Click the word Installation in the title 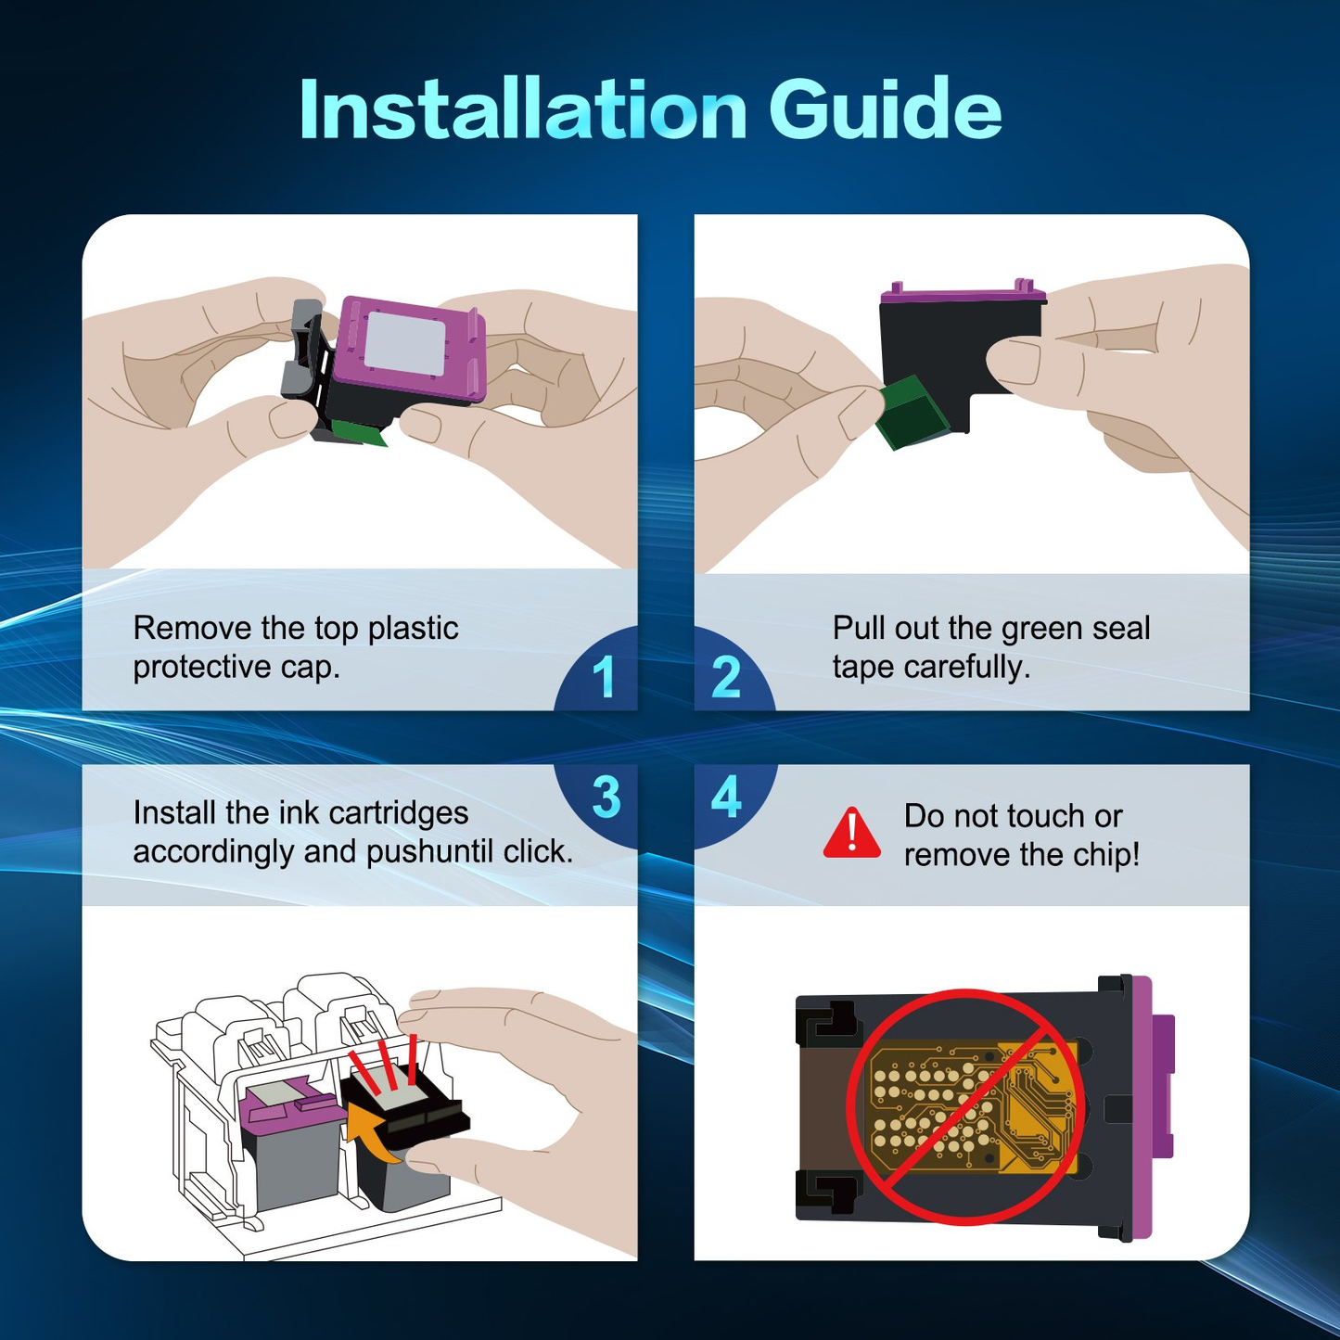[523, 109]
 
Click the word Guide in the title [886, 109]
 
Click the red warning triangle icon [852, 833]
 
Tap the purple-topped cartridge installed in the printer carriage [293, 1146]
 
